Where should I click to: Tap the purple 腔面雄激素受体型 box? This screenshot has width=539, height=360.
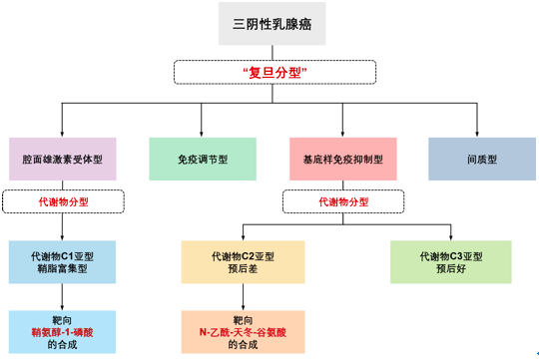click(62, 159)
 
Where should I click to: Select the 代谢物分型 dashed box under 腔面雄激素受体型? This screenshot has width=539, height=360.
click(62, 201)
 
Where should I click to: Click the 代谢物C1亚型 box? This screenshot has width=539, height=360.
click(62, 261)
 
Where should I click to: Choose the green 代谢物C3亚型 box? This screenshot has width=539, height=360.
click(451, 261)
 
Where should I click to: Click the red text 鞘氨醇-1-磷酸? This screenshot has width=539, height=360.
click(62, 330)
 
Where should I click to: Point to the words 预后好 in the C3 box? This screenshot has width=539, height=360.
click(451, 269)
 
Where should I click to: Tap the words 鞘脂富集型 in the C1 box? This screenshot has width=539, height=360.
click(62, 269)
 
